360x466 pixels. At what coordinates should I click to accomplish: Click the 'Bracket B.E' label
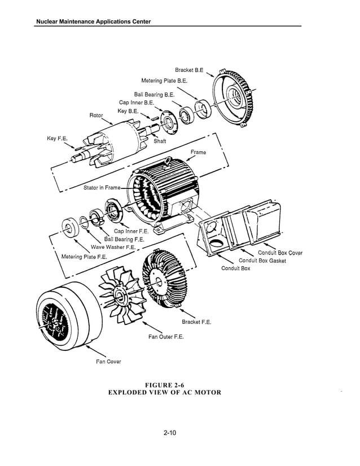point(189,71)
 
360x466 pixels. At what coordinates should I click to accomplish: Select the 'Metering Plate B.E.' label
point(164,81)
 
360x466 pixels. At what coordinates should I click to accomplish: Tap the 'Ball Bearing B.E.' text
point(154,95)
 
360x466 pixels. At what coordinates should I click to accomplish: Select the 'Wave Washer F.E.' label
point(113,247)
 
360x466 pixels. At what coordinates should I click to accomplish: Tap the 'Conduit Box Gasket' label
point(262,261)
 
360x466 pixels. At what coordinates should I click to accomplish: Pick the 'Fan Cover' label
point(108,362)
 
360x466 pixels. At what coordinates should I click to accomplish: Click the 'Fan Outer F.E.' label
point(166,337)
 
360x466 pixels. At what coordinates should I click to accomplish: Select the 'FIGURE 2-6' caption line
point(164,385)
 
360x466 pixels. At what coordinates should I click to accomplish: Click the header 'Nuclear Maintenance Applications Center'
point(93,21)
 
